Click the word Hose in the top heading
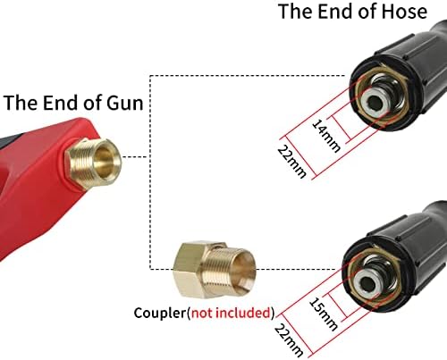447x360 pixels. (x=405, y=12)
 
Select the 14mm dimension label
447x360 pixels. (x=326, y=136)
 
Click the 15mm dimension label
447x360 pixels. (x=324, y=314)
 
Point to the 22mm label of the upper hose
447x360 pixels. (x=292, y=161)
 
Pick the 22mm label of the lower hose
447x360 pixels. (x=289, y=340)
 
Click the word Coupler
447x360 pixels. (x=160, y=313)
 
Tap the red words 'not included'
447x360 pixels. (x=231, y=313)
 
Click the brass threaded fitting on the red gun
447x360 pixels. (x=93, y=163)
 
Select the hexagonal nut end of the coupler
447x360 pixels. (x=190, y=270)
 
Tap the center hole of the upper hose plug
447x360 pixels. (x=375, y=103)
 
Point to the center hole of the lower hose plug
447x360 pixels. (x=367, y=284)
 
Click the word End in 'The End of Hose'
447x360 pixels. (x=336, y=12)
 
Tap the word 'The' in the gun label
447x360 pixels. (x=21, y=103)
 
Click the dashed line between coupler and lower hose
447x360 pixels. (x=297, y=269)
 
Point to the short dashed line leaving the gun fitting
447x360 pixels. (x=135, y=156)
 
